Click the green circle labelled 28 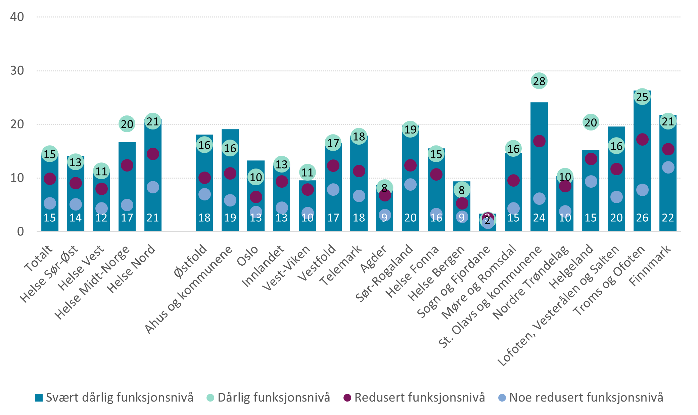[539, 81]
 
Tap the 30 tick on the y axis [17, 71]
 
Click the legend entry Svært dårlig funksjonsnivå [114, 398]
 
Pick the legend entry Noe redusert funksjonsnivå [581, 398]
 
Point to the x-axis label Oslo [248, 256]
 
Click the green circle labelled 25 [642, 97]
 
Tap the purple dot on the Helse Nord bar [153, 154]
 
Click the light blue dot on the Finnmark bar [668, 167]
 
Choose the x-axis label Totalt [39, 258]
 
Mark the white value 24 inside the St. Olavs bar [539, 218]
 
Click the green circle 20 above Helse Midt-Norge [127, 124]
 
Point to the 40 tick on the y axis [17, 17]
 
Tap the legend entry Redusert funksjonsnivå [415, 398]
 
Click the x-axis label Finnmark [650, 266]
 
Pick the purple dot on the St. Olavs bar [539, 141]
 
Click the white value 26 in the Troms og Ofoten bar [642, 218]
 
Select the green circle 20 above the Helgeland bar [591, 122]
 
